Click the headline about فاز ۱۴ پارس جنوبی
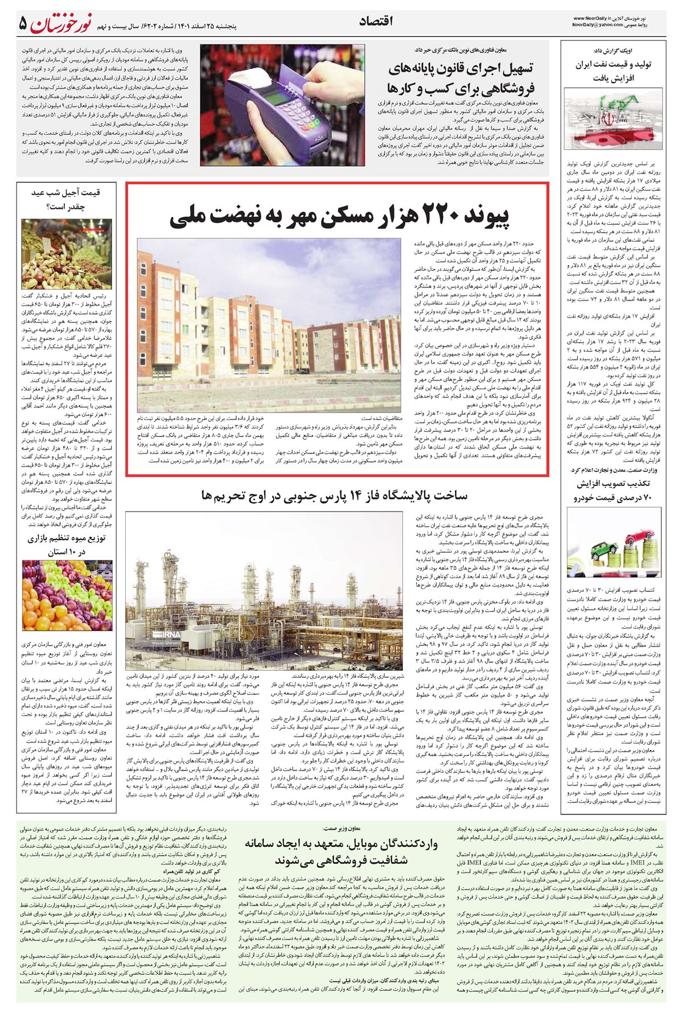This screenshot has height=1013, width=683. point(334,496)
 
